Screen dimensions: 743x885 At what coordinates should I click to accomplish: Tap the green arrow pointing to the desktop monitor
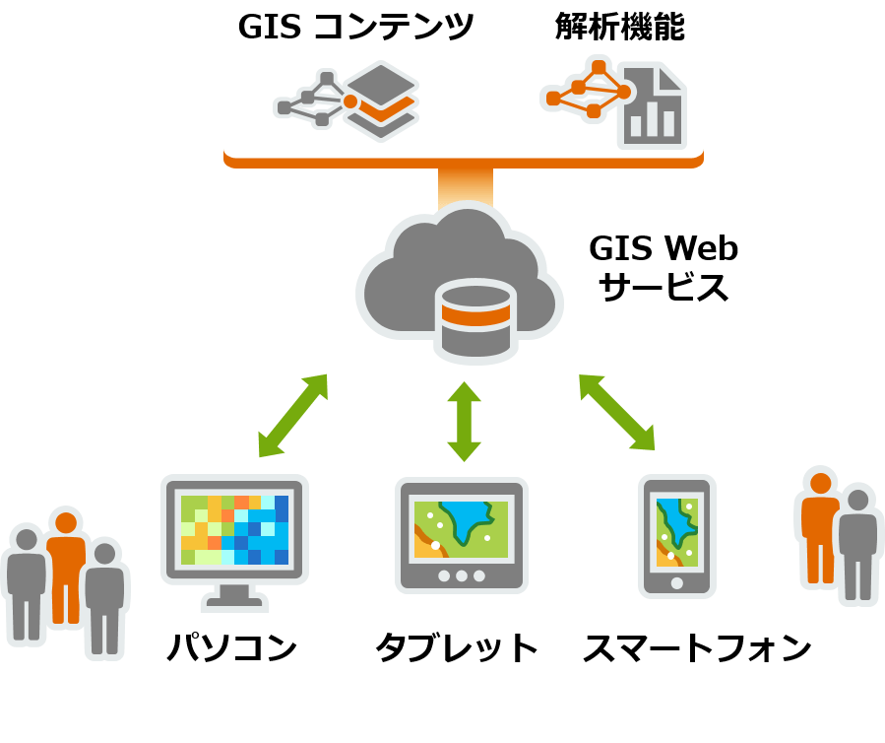tap(292, 416)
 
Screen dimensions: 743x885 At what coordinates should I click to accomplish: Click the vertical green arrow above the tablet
tap(464, 422)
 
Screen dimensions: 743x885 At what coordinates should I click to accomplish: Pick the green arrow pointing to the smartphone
tap(617, 412)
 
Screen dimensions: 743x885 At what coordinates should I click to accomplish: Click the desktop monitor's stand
tap(234, 595)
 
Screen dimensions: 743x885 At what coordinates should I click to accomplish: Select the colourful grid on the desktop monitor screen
tap(234, 530)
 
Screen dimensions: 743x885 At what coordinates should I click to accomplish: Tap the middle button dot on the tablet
tap(462, 575)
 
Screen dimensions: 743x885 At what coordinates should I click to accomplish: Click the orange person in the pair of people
tap(818, 527)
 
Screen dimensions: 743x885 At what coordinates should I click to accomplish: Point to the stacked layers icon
tap(381, 101)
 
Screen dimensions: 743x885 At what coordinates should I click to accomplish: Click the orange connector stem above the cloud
tap(465, 185)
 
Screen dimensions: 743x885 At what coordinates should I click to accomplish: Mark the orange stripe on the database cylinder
tap(475, 316)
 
